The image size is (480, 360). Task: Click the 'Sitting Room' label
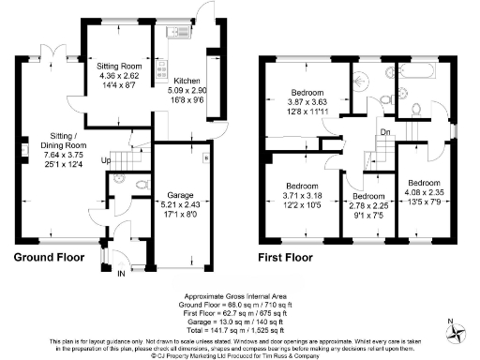click(118, 67)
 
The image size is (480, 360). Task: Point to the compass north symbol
click(457, 328)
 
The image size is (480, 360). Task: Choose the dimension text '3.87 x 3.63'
click(307, 103)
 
